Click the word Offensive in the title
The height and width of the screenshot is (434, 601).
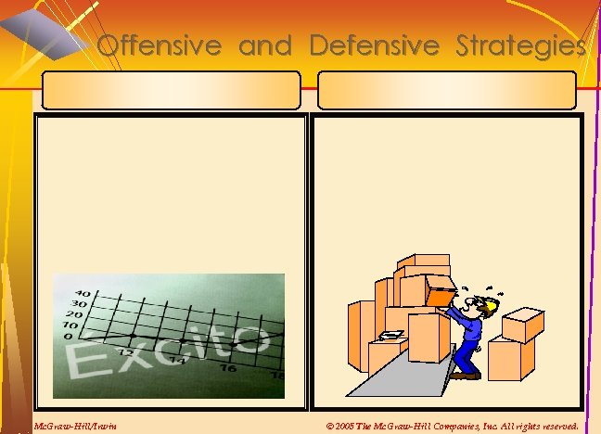coord(159,45)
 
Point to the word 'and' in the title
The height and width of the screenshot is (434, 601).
coord(264,45)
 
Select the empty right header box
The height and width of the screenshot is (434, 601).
coord(446,91)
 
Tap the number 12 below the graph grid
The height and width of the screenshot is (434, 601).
coord(125,352)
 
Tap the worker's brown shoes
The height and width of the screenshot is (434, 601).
coord(466,375)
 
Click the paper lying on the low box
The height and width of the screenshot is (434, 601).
coord(392,334)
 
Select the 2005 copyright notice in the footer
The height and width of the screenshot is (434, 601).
coord(453,427)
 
